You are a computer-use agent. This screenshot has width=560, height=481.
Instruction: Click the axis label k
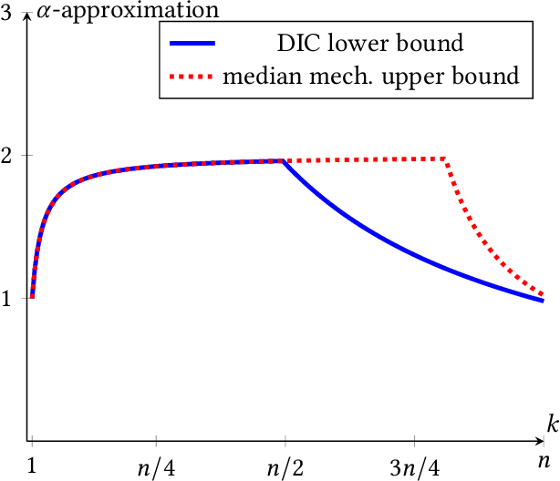coord(552,424)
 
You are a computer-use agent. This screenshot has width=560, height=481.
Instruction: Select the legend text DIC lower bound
coord(370,43)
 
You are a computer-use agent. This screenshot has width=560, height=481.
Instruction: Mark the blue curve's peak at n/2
coord(283,160)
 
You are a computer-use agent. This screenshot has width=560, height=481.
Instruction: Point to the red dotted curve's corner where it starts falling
coord(445,159)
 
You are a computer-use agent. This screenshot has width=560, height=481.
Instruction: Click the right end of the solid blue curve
coord(543,301)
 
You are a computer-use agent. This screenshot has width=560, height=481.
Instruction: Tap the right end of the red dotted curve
coord(543,295)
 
